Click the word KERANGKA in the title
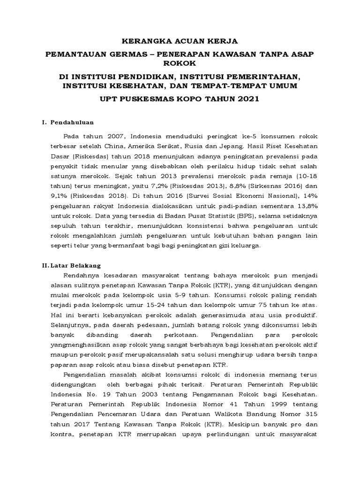[144, 41]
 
